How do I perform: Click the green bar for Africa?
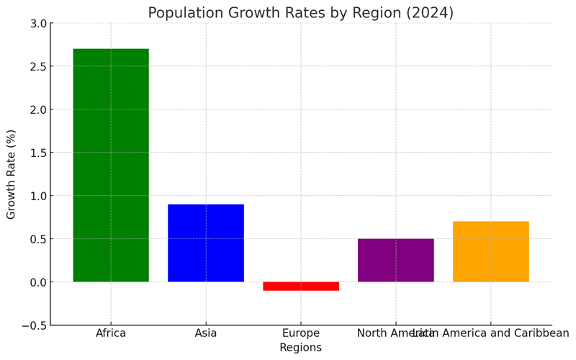[111, 165]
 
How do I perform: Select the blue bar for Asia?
[206, 243]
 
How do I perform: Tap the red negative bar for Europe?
[301, 286]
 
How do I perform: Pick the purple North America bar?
[395, 260]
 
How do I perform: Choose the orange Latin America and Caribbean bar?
[490, 251]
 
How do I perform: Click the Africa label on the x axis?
[111, 333]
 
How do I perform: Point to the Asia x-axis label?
[206, 333]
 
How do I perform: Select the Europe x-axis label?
[301, 333]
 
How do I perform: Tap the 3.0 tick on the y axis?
[37, 24]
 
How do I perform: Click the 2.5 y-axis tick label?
[37, 67]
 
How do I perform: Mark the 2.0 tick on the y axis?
[37, 110]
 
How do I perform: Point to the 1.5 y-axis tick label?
[37, 153]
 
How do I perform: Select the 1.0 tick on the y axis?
[37, 196]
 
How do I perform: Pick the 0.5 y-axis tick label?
[37, 239]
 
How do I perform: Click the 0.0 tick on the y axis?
[37, 282]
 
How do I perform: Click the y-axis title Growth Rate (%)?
[12, 174]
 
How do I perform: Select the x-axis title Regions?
[300, 348]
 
